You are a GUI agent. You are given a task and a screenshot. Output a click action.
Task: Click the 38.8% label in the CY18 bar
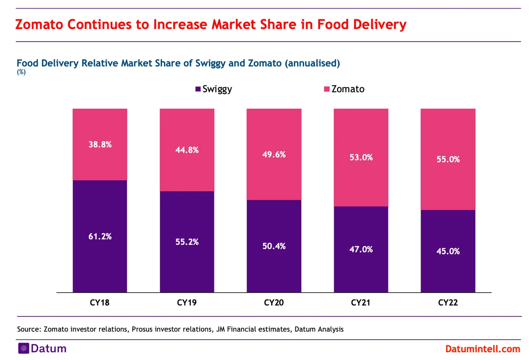100,144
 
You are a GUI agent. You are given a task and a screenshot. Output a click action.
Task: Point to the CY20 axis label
274,303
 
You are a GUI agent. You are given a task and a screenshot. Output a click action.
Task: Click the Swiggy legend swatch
198,89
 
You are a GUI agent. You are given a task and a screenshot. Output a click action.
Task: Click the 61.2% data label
100,236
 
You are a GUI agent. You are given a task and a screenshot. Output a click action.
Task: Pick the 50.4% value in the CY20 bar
274,246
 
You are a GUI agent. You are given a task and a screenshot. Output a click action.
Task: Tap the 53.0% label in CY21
361,157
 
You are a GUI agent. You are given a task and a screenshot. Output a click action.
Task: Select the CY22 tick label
448,303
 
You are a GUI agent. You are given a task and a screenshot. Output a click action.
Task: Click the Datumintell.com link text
483,349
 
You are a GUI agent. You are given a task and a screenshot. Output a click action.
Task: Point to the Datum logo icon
23,349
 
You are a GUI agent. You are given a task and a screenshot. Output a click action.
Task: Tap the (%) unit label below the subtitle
20,72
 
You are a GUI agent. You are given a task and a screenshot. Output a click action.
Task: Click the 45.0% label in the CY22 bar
448,251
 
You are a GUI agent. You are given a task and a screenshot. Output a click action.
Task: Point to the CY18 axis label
100,303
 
